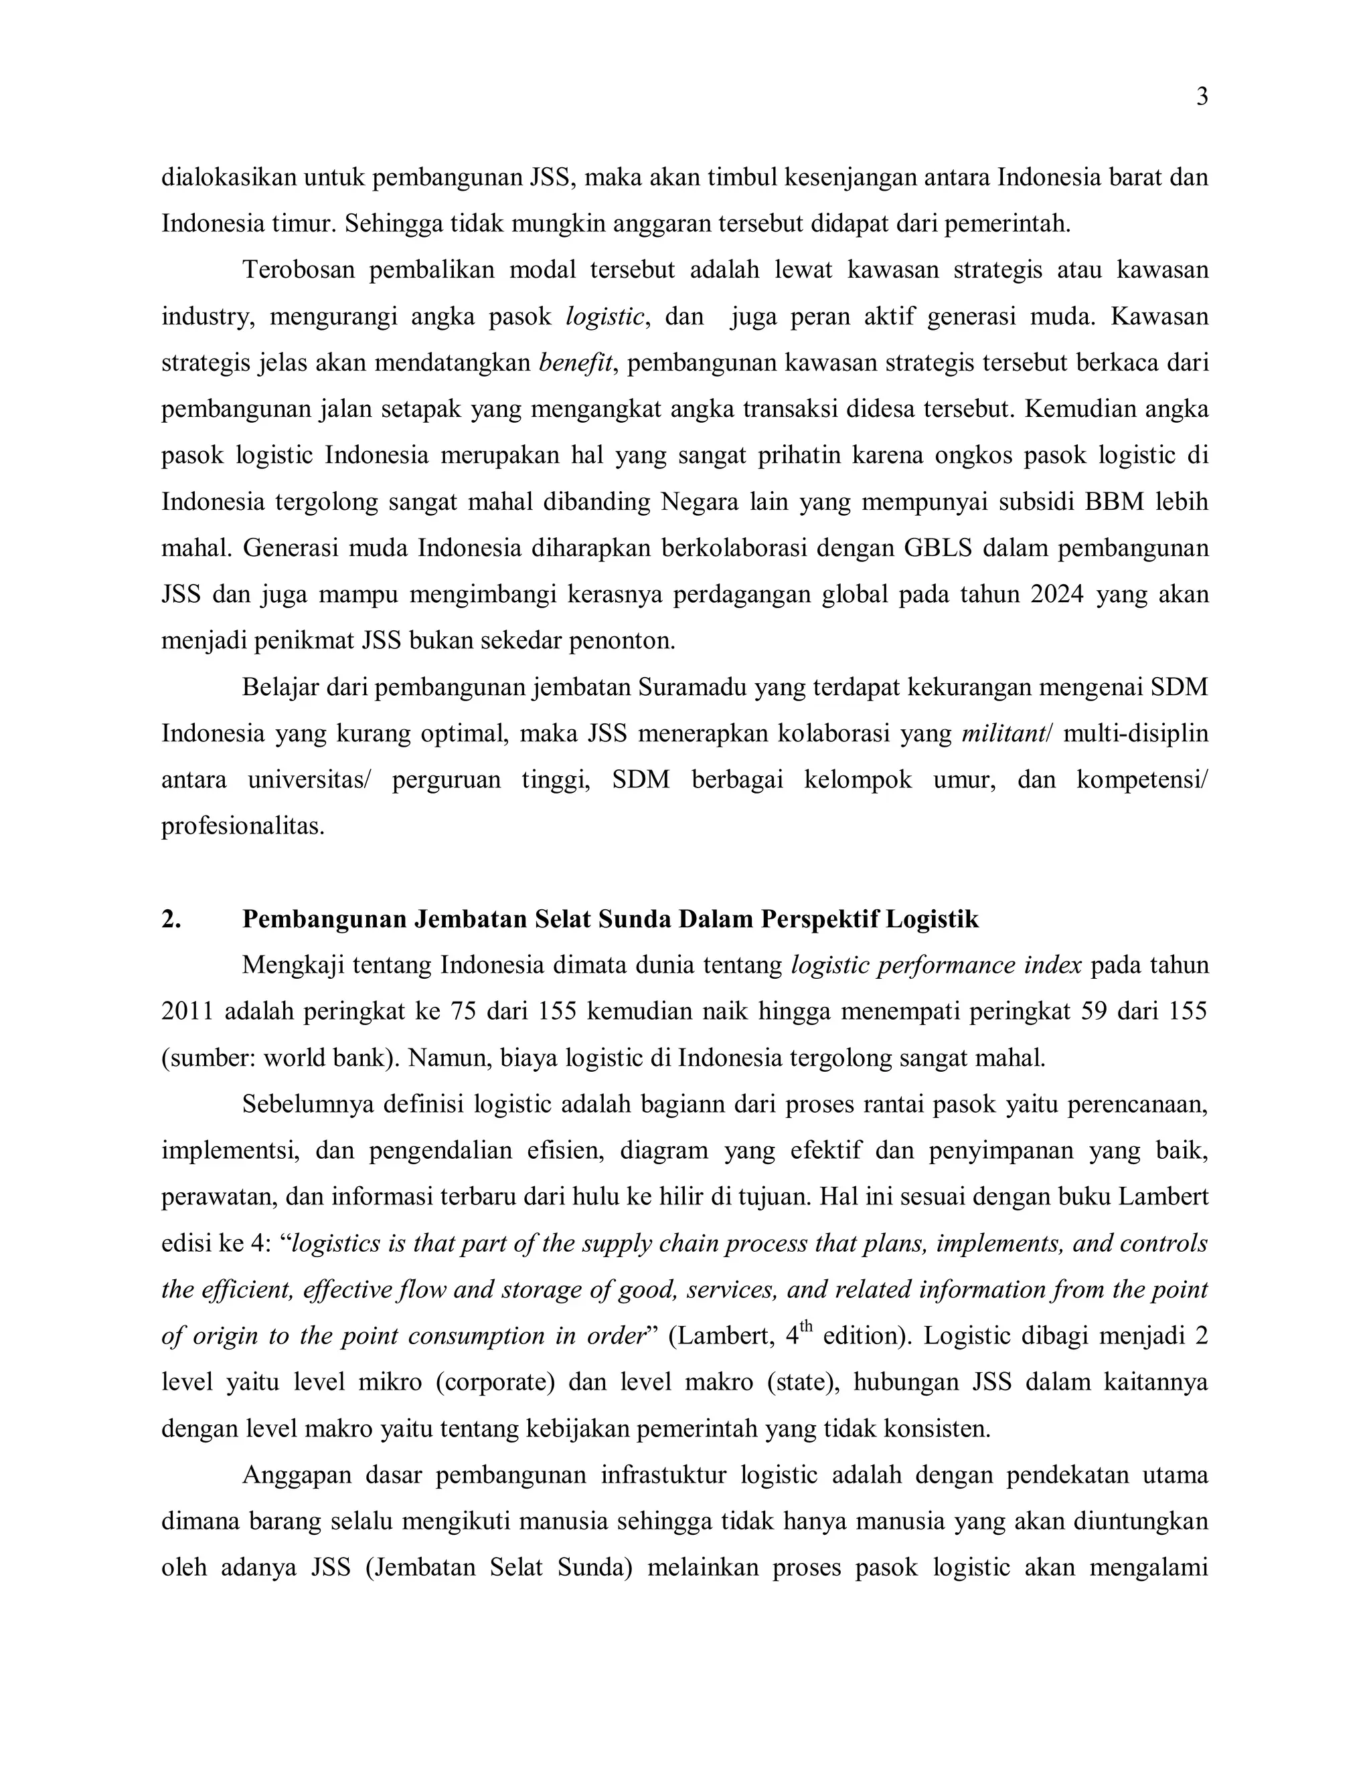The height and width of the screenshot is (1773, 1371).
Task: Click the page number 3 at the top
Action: (1202, 98)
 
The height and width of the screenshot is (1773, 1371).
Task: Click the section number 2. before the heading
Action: (171, 919)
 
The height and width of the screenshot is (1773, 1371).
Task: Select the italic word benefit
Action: (576, 362)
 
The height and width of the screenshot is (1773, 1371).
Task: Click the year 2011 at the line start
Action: (187, 1012)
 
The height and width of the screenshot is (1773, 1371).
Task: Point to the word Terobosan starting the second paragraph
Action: (298, 270)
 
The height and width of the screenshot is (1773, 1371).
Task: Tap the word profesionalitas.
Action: (243, 826)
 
